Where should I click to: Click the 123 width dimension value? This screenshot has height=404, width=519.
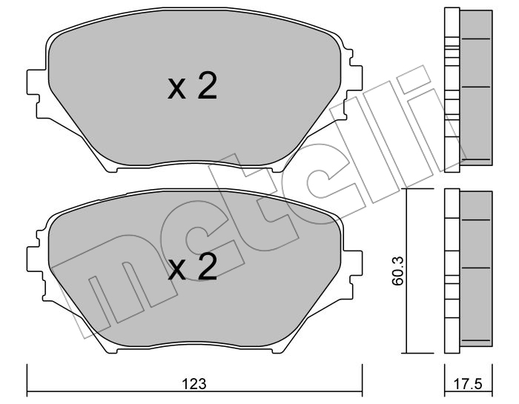coord(194,384)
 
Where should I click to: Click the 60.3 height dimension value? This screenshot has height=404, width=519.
coord(397,271)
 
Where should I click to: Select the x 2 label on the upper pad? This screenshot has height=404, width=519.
coord(192,86)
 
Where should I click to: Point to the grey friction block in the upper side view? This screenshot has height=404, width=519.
coord(476,87)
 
